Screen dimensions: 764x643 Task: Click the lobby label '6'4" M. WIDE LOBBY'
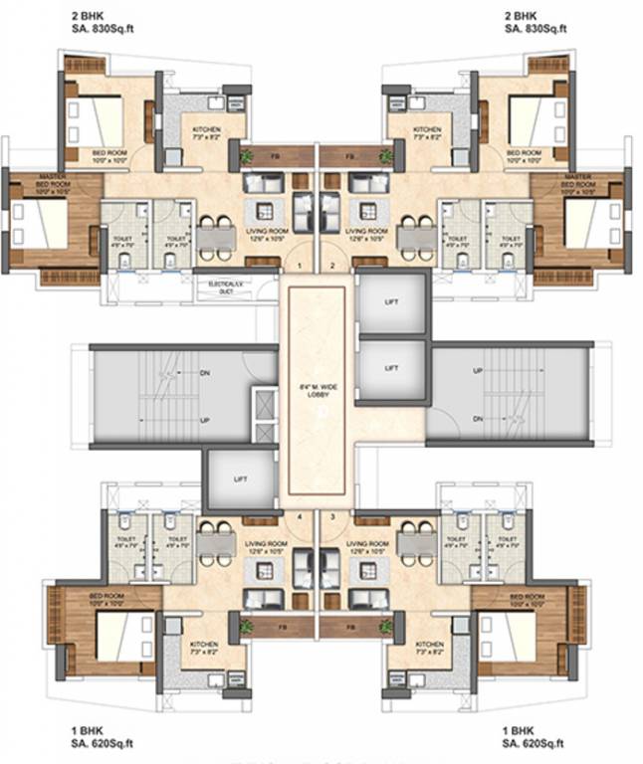(319, 390)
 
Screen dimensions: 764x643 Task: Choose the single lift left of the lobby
(240, 479)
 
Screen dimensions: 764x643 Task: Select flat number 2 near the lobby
(333, 266)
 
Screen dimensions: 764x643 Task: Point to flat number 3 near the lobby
(333, 516)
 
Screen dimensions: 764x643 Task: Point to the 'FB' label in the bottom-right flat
(349, 628)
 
